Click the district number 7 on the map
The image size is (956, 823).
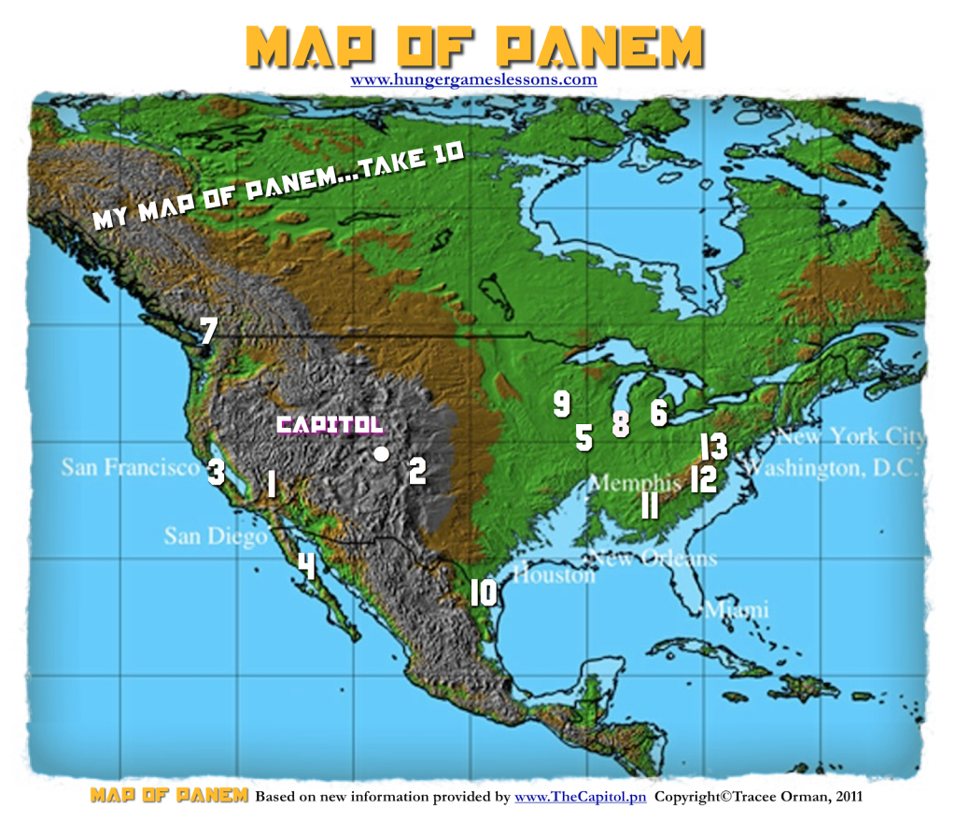[209, 332]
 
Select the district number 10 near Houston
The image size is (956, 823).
[483, 593]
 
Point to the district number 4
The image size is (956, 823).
[305, 564]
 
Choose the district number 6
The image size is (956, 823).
[659, 412]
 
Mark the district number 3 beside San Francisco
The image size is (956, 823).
[216, 472]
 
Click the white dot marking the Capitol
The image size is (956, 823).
[381, 454]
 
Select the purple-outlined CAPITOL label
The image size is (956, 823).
[330, 425]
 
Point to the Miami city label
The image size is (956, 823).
[738, 610]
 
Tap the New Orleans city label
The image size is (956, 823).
[653, 559]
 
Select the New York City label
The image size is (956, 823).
[850, 436]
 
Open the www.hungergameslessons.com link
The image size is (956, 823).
[473, 79]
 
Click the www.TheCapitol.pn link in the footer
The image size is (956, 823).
[580, 797]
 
